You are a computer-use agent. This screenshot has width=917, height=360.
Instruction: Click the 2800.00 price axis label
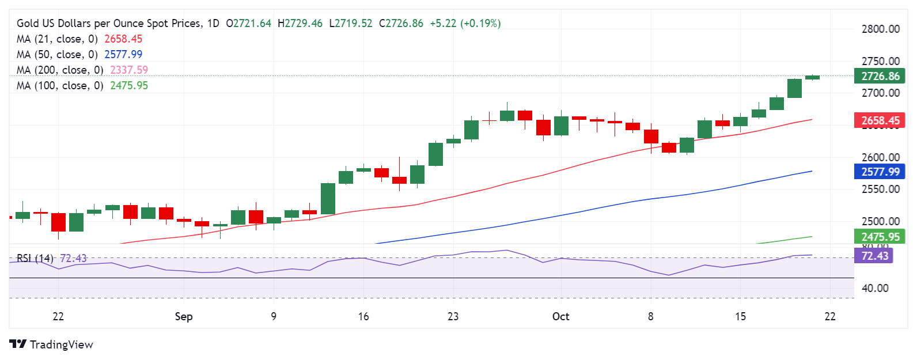click(x=880, y=29)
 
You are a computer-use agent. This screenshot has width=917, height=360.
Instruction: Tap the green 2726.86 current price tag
click(x=880, y=77)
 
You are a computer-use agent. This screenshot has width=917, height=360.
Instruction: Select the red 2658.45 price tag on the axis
click(x=880, y=121)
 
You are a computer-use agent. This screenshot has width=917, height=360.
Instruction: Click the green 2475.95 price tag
click(x=880, y=237)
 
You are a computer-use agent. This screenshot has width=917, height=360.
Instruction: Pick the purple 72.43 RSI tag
click(x=874, y=256)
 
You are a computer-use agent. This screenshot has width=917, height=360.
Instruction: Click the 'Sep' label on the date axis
click(x=183, y=317)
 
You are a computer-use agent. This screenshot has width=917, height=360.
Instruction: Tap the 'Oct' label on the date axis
click(x=560, y=317)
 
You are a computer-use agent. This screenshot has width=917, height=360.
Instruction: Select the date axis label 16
click(x=363, y=317)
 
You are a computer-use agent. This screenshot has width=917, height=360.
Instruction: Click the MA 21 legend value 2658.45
click(x=123, y=39)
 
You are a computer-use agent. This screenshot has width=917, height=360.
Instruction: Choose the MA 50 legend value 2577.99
click(x=123, y=55)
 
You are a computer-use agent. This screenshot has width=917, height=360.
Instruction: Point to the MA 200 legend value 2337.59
click(x=129, y=70)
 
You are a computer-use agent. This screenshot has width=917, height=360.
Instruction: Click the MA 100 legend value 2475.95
click(x=129, y=86)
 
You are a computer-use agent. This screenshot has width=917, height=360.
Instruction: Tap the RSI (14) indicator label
click(x=35, y=259)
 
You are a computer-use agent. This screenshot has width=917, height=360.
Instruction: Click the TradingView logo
click(x=51, y=344)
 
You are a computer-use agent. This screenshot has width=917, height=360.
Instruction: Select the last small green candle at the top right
click(x=812, y=77)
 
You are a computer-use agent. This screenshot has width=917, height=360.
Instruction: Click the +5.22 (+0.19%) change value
click(x=465, y=24)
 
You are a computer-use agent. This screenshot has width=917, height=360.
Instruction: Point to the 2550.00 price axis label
click(x=880, y=190)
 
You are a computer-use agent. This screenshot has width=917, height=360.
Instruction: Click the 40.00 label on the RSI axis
click(x=874, y=288)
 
